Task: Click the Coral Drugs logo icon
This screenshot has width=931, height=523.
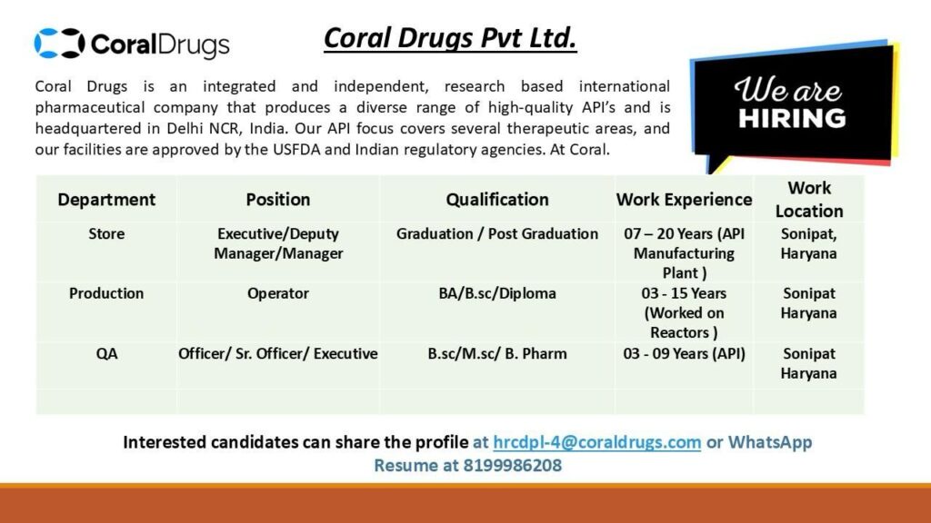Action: tap(59, 43)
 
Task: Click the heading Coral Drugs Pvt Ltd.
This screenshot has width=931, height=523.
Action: tap(450, 39)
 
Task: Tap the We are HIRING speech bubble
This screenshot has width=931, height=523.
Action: tap(790, 104)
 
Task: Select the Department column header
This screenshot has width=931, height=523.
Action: tap(106, 200)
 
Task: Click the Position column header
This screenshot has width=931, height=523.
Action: tap(278, 200)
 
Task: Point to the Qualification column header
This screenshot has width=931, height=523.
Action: tap(497, 200)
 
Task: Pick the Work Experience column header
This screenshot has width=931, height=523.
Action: tap(684, 200)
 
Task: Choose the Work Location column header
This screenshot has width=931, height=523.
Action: tap(809, 200)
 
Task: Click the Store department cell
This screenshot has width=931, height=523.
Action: tap(106, 234)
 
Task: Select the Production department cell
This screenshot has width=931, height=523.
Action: tap(106, 293)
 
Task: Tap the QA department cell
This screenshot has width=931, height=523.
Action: tap(106, 354)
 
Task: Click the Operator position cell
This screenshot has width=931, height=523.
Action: tap(278, 293)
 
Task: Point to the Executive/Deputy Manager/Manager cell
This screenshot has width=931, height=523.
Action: tap(278, 243)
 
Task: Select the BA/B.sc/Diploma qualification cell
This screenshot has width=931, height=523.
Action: tap(497, 293)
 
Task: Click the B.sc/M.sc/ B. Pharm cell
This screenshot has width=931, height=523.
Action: tap(497, 354)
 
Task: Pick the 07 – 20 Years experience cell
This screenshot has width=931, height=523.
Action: tap(684, 252)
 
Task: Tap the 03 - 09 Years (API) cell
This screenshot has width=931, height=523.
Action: tap(684, 354)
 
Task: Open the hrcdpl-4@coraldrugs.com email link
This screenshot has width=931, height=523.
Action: tap(596, 443)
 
